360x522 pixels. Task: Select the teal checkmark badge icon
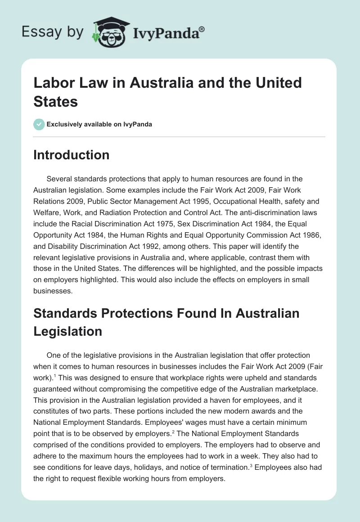coord(39,124)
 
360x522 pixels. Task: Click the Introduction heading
coord(71,155)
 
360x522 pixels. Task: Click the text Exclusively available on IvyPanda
coord(99,124)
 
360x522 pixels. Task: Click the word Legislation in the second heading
coord(67,331)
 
